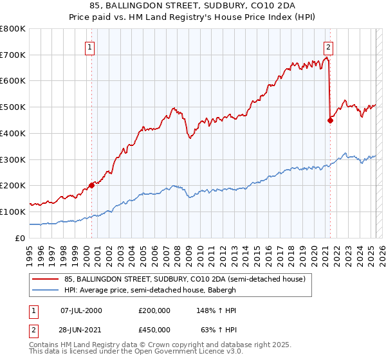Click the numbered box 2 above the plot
[x=328, y=46]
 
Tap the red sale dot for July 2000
[x=91, y=185]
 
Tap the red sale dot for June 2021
[x=330, y=120]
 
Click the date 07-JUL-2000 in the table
[x=81, y=310]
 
